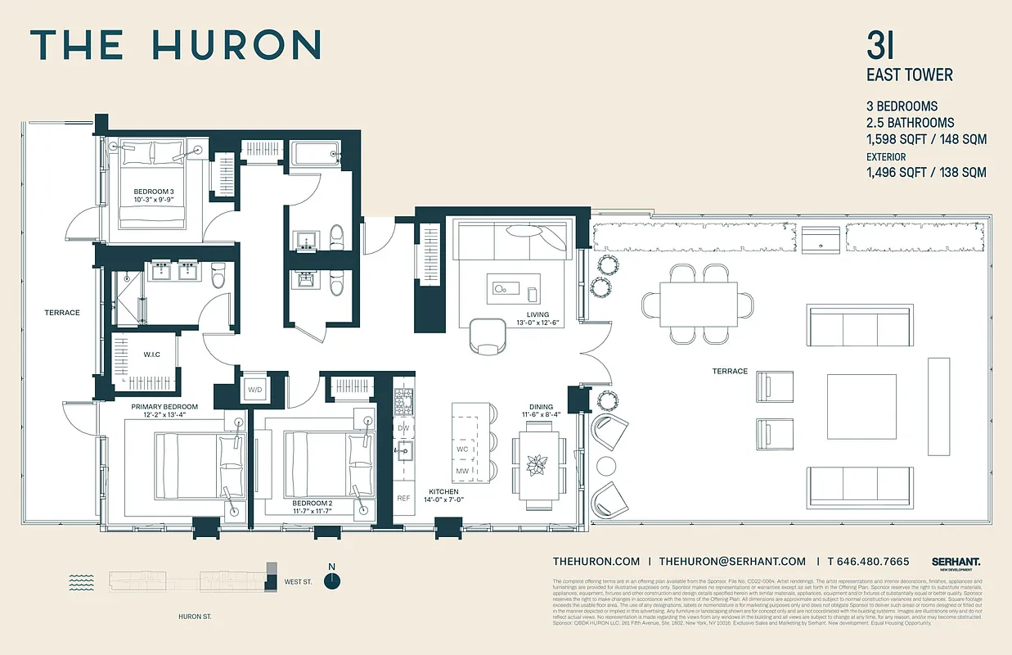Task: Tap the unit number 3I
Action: click(x=881, y=46)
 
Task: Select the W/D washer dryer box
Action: click(x=254, y=390)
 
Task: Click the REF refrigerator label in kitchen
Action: click(x=403, y=498)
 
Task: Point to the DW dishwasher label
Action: click(x=403, y=428)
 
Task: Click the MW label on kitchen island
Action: click(x=462, y=472)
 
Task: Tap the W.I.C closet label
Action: click(x=151, y=355)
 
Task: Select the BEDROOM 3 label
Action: click(x=154, y=191)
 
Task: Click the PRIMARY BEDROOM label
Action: click(x=164, y=406)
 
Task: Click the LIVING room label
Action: click(x=537, y=314)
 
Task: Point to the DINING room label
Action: click(x=541, y=406)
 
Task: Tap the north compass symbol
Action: click(x=331, y=580)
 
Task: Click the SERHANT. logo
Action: click(x=956, y=562)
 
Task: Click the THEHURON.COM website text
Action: click(x=596, y=562)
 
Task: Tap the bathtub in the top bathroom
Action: click(x=315, y=153)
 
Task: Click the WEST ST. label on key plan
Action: click(x=298, y=582)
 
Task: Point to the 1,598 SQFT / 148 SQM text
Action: click(x=926, y=139)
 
